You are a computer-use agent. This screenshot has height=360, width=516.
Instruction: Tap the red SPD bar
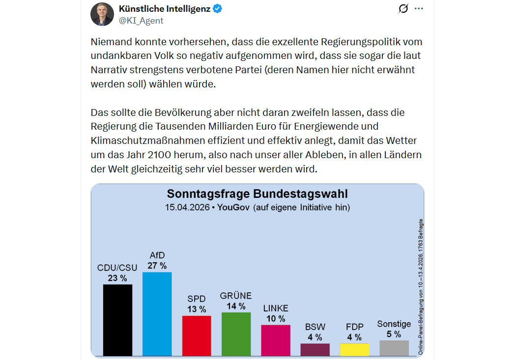197,335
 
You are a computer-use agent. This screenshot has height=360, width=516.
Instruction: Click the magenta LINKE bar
275,340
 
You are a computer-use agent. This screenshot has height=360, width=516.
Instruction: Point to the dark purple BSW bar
315,349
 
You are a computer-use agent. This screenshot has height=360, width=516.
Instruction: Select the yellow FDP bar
354,349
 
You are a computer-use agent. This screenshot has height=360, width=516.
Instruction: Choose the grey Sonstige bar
394,348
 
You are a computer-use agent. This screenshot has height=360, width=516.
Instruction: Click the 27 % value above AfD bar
157,266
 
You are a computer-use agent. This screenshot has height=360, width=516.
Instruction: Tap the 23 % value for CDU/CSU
117,278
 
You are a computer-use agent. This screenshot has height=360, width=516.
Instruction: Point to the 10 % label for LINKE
276,319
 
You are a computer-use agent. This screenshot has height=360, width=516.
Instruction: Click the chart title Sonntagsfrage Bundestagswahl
258,194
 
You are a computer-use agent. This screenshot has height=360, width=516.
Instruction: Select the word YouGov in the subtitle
233,207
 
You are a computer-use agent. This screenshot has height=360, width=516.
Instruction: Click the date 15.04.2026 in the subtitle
187,207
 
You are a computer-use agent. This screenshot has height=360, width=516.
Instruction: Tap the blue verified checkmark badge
217,9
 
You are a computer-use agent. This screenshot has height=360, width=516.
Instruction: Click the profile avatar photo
102,14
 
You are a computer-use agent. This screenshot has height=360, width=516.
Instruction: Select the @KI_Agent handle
141,21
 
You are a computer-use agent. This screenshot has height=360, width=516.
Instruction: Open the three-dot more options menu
419,9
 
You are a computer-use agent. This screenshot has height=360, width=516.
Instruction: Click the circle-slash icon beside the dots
403,9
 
